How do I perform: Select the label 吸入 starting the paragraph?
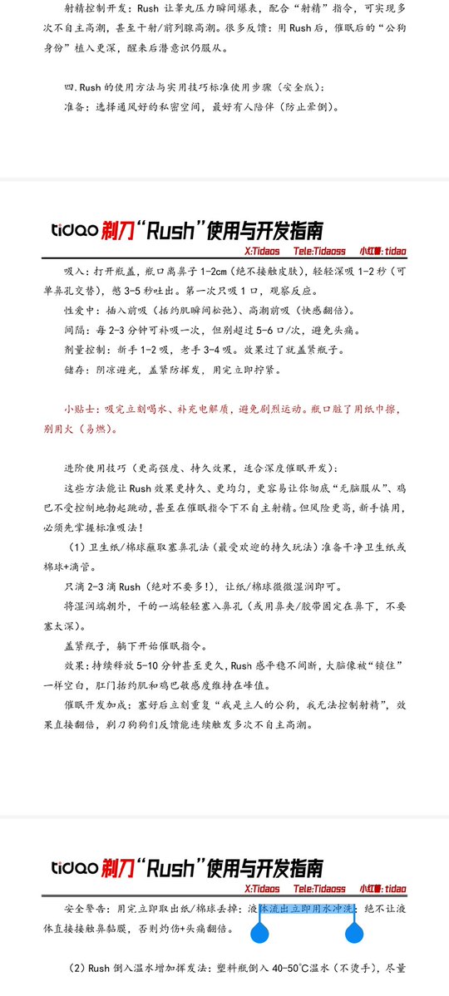click(75, 272)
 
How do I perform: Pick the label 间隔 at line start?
click(75, 330)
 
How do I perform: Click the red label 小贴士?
click(81, 410)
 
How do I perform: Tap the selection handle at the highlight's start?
click(260, 935)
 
